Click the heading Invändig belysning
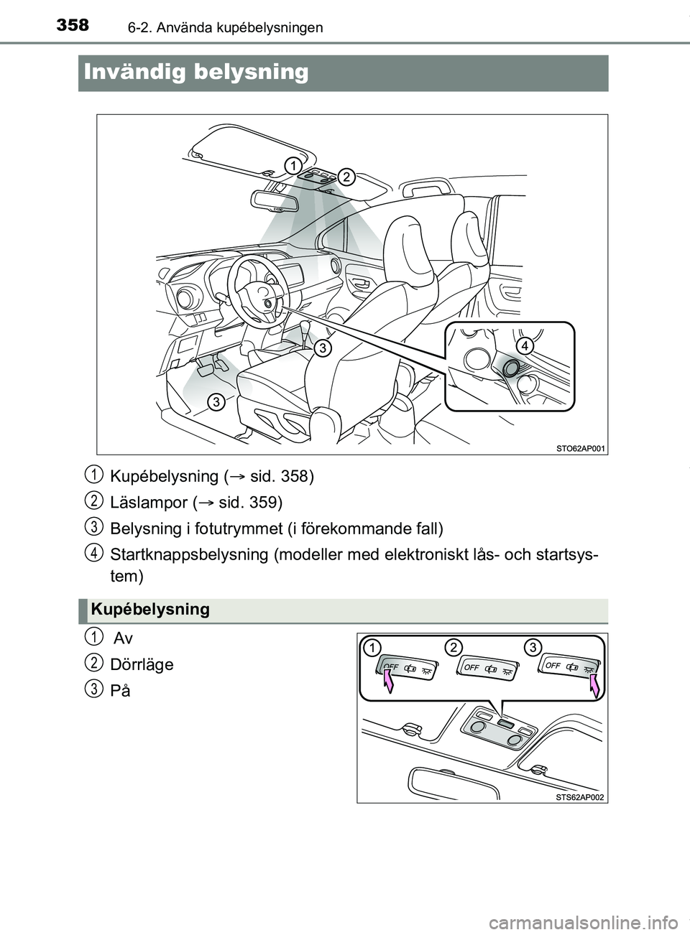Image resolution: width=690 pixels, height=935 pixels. pyautogui.click(x=196, y=73)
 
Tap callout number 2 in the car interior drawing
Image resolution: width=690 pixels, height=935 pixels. pyautogui.click(x=346, y=177)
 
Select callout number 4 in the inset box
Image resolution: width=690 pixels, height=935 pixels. pyautogui.click(x=525, y=345)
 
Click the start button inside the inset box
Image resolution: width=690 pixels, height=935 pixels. pyautogui.click(x=512, y=368)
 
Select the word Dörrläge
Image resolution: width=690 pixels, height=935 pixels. pyautogui.click(x=142, y=664)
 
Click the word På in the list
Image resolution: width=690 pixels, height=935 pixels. pyautogui.click(x=120, y=691)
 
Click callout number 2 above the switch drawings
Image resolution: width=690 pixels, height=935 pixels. pyautogui.click(x=452, y=646)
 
